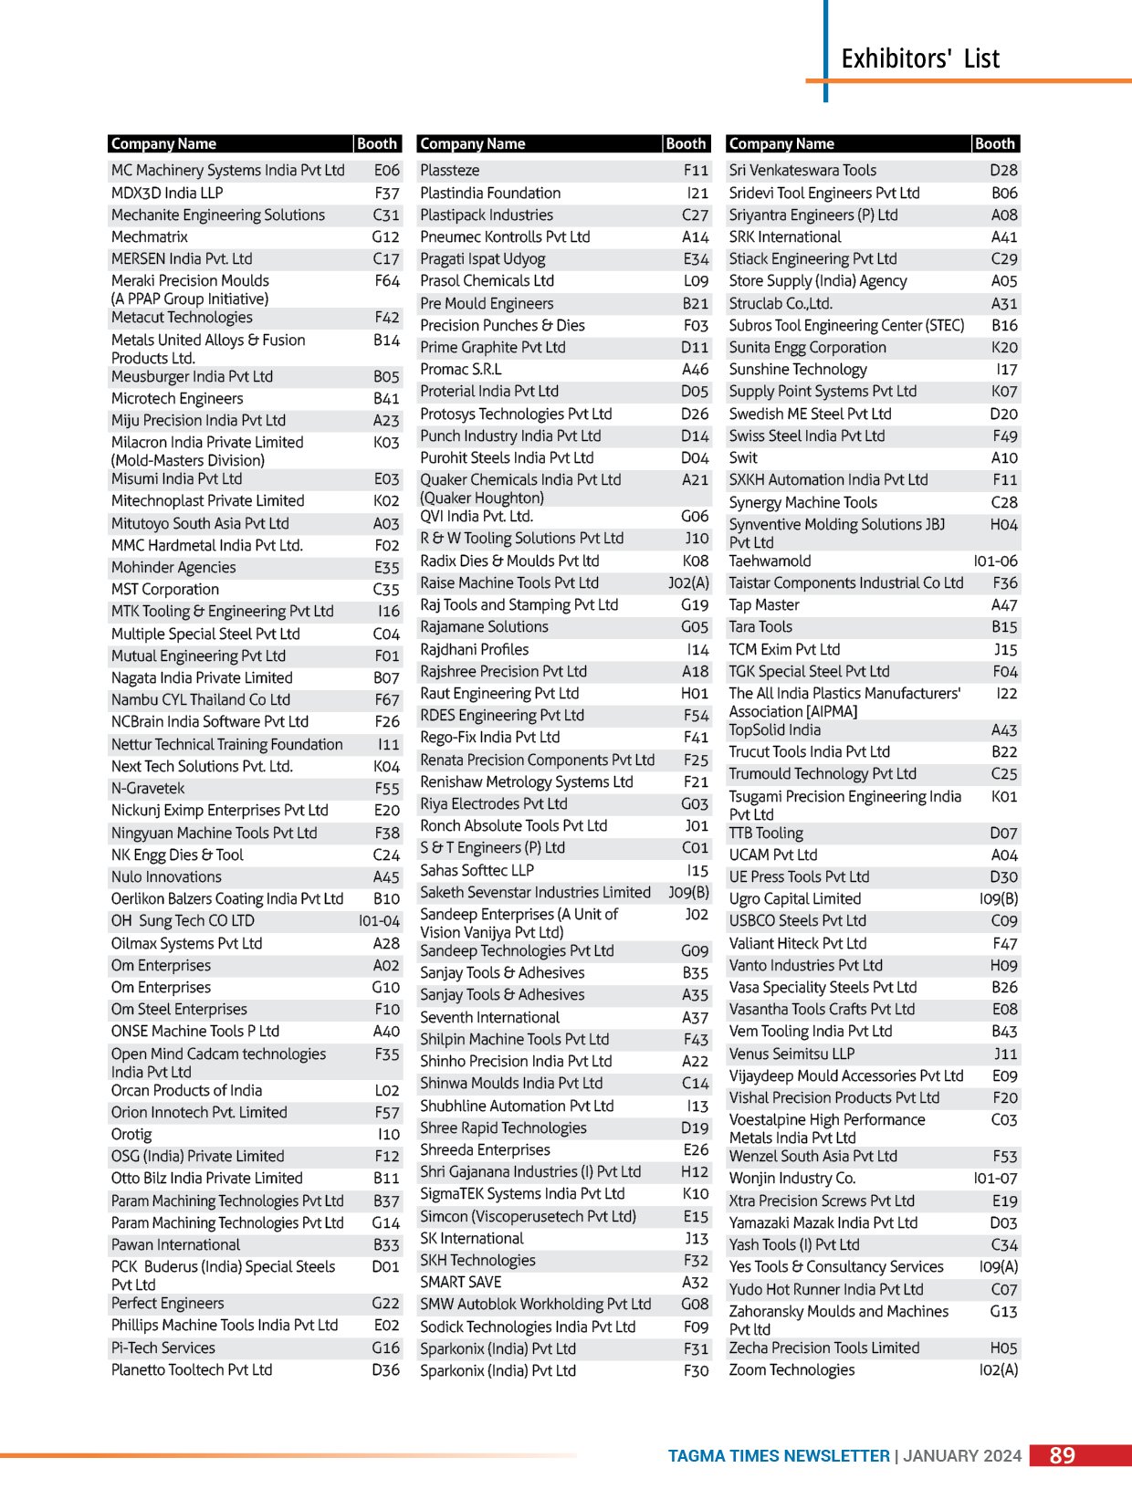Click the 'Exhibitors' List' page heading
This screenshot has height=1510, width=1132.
(x=919, y=59)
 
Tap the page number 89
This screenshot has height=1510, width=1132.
(x=1062, y=1455)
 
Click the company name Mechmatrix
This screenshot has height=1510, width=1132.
(x=150, y=237)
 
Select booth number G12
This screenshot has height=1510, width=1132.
(x=385, y=237)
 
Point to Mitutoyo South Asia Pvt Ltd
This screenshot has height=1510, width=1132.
(x=200, y=524)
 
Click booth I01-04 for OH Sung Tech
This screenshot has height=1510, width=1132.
(x=379, y=921)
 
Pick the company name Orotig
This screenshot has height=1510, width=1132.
(x=131, y=1135)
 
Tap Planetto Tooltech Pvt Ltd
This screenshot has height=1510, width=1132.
(x=192, y=1370)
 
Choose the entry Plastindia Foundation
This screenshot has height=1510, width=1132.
(x=490, y=194)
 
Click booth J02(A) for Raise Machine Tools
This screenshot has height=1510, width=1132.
(x=688, y=583)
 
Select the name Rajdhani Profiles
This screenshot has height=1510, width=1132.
(x=474, y=650)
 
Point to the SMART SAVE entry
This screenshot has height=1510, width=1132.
(x=460, y=1283)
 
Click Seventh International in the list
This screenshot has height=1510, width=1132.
(x=489, y=1018)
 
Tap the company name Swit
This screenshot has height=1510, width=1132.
(x=743, y=458)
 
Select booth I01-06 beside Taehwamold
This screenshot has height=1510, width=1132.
(x=995, y=561)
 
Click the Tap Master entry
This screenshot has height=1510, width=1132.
(x=764, y=605)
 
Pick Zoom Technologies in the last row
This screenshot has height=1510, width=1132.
(x=791, y=1370)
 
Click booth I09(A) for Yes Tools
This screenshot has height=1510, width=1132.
(x=998, y=1267)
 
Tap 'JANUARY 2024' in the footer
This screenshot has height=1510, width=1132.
(x=962, y=1456)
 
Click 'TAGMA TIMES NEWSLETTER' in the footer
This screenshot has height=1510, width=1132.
(x=779, y=1456)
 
